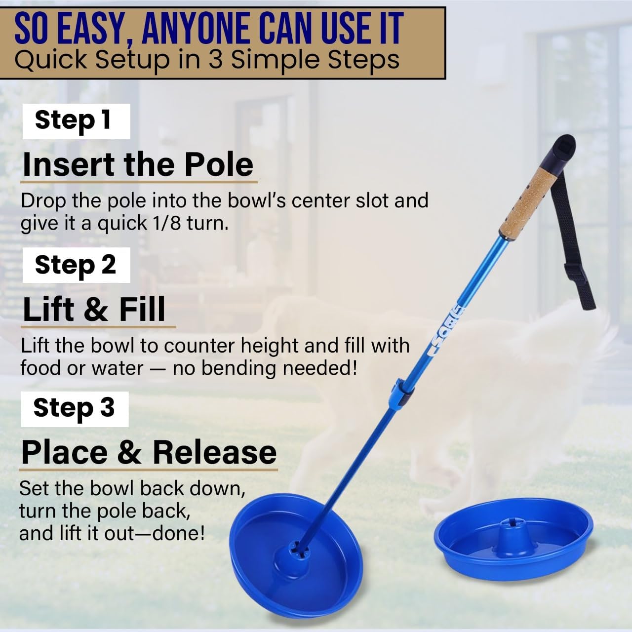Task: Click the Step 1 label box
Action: click(76, 121)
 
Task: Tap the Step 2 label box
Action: click(76, 265)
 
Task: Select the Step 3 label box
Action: click(75, 409)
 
